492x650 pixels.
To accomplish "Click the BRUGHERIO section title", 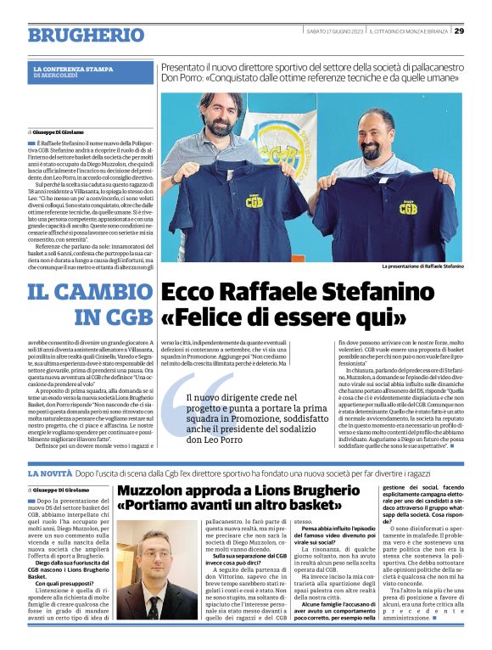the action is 86,35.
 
